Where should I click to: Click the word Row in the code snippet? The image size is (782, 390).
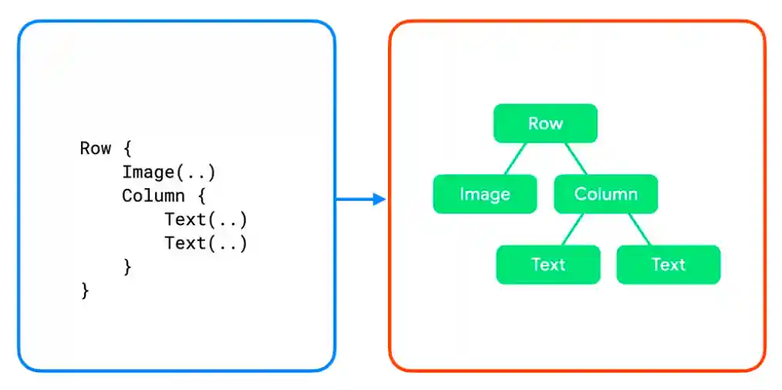point(95,148)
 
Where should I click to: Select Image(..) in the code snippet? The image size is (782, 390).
point(168,172)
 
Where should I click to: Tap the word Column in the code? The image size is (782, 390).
point(153,196)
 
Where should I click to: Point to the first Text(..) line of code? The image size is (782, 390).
point(205,220)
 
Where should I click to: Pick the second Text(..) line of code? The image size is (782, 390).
point(205,244)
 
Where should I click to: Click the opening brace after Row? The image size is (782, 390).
point(127,148)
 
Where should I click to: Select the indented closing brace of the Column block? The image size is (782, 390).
point(127,267)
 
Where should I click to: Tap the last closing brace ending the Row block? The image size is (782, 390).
point(85,291)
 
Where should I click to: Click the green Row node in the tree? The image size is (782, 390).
point(545,123)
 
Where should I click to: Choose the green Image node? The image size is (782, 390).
point(484,194)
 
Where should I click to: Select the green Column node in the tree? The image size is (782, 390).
point(605,194)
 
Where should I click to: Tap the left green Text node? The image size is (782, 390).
point(548,264)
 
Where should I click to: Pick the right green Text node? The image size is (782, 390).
point(668,264)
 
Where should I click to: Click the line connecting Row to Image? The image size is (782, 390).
point(516,159)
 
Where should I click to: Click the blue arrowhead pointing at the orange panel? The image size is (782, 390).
point(379,200)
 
